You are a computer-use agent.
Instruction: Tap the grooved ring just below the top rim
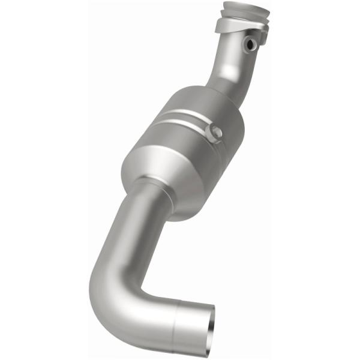point(242,16)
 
